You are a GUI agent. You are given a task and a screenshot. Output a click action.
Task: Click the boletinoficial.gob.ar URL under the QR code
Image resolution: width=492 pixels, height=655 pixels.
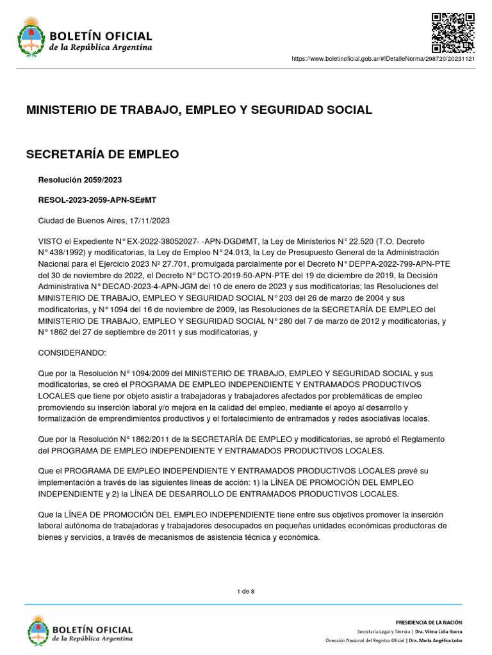coord(383,58)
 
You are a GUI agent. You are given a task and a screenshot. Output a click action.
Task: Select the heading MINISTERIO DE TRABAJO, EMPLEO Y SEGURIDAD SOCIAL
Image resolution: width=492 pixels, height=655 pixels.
coord(199,110)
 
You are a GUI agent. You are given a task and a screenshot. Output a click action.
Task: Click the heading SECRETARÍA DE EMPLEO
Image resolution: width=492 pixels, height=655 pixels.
coord(102,154)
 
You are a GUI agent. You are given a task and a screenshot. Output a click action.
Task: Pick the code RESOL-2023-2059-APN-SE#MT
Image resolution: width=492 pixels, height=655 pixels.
coord(97,200)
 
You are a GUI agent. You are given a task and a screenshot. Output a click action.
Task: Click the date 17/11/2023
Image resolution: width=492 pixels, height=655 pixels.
coord(151,221)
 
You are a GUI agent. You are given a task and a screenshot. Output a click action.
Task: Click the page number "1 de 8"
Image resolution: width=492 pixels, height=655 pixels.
coord(246,591)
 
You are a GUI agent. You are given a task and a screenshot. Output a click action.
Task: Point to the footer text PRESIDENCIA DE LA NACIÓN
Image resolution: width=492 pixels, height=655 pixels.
coord(429,622)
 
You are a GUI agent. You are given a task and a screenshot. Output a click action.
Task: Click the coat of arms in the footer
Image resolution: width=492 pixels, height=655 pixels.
coord(38,630)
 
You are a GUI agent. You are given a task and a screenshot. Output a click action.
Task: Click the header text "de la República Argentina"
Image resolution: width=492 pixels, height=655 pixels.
coord(101,47)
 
